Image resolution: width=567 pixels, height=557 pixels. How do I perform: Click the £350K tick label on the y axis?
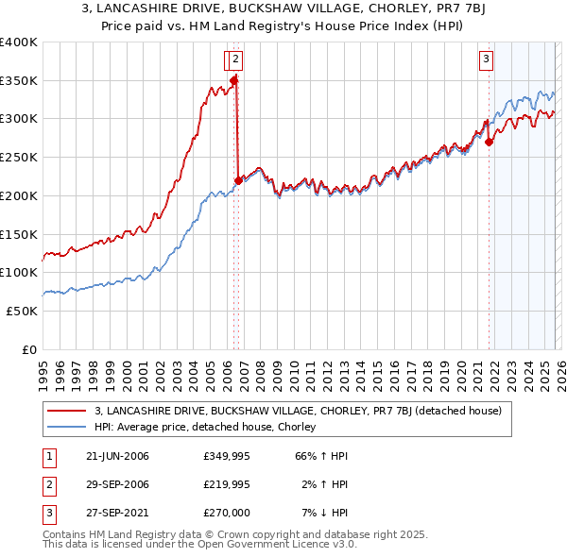click(19, 80)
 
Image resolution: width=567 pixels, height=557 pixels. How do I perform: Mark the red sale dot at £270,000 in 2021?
click(489, 143)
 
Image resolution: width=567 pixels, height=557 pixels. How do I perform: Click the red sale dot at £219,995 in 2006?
click(238, 180)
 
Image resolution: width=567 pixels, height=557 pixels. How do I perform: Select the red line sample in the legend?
click(66, 411)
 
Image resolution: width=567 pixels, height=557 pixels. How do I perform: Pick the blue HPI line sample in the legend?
click(66, 427)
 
